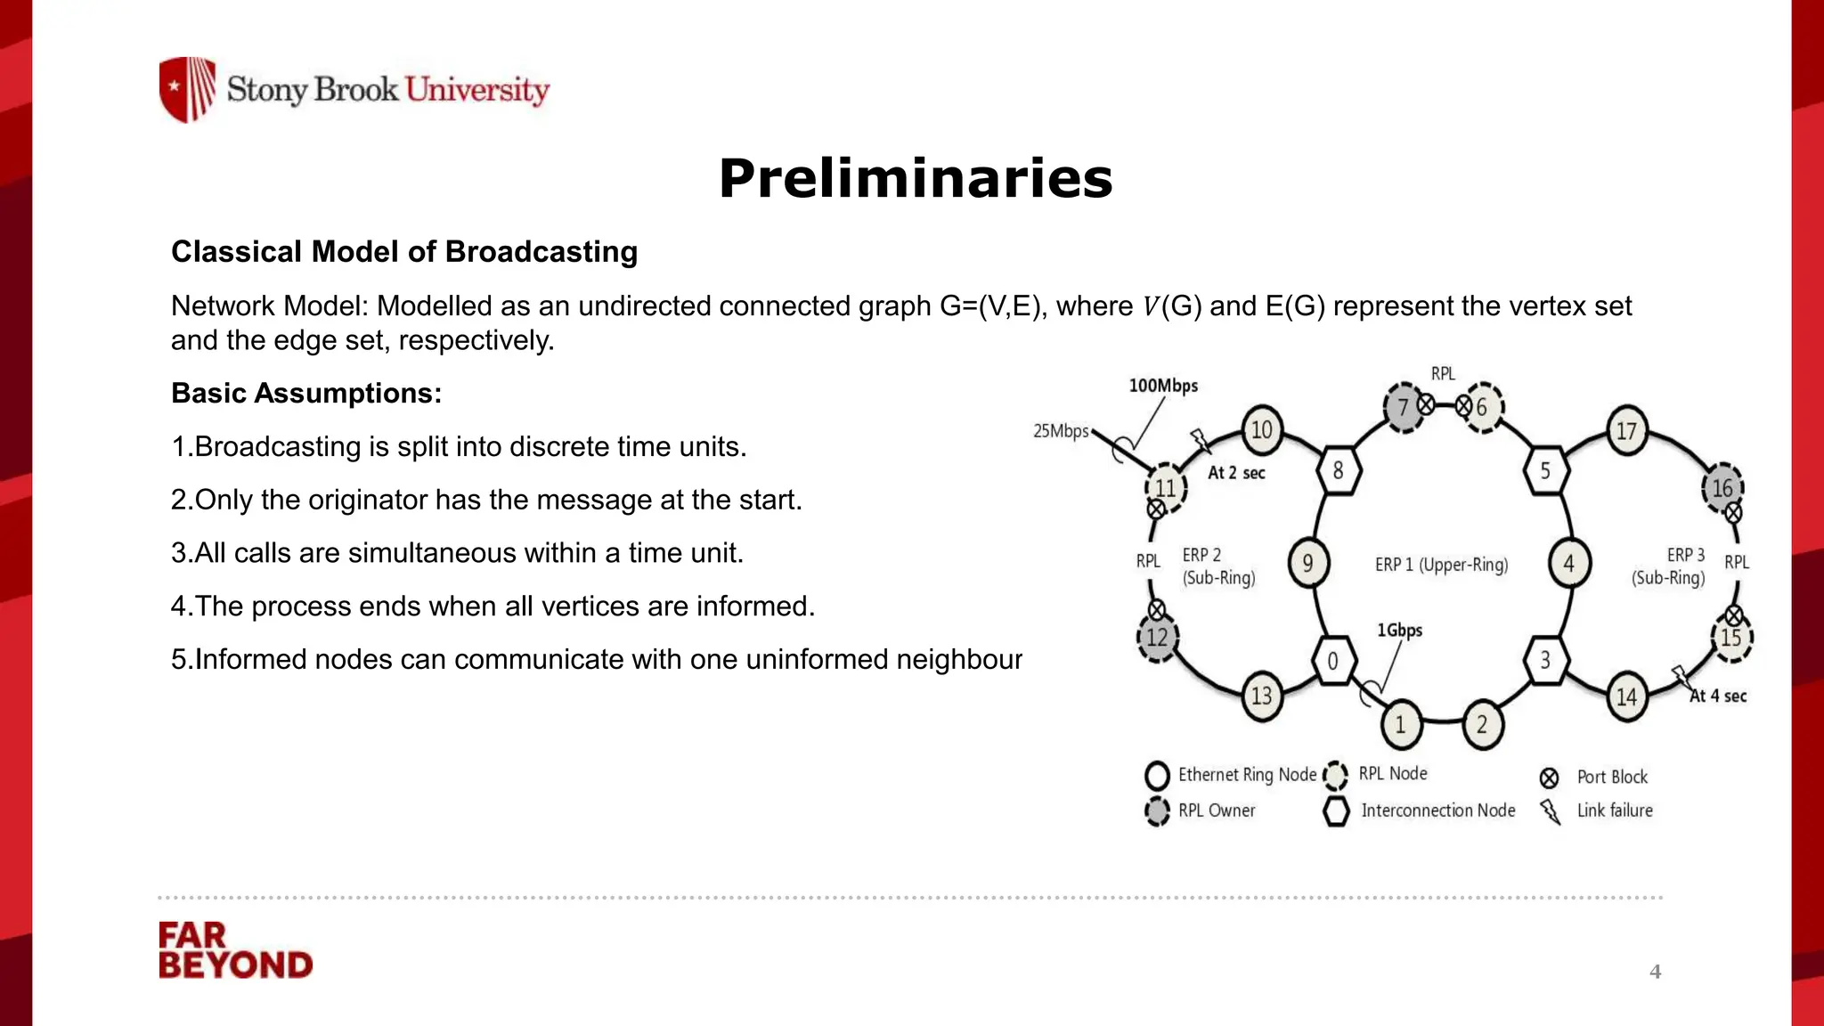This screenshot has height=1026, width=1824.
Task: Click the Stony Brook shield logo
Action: coord(187,89)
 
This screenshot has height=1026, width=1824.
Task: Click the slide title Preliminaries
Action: coord(916,178)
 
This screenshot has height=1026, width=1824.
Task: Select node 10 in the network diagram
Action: coord(1261,430)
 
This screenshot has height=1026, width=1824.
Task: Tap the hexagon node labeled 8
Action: coord(1338,470)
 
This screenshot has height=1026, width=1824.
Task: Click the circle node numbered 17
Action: coord(1626,431)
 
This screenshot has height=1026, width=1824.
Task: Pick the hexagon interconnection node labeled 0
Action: coord(1333,661)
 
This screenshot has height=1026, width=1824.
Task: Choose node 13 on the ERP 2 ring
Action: coord(1262,696)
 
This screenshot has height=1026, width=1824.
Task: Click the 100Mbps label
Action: coord(1163,386)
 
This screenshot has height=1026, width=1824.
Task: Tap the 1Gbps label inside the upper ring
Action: coord(1399,631)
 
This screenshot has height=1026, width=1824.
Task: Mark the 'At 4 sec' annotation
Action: coord(1718,696)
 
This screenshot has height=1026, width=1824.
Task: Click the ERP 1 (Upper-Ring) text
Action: coord(1441,565)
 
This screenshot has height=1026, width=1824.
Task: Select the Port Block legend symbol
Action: coord(1549,778)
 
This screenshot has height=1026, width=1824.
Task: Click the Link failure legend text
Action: coord(1614,810)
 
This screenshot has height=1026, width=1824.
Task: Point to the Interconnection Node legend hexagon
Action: coord(1336,810)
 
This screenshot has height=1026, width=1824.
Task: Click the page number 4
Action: coord(1655,972)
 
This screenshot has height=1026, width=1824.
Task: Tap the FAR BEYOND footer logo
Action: coord(235,950)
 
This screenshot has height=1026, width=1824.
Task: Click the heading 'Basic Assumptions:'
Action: coord(306,394)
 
